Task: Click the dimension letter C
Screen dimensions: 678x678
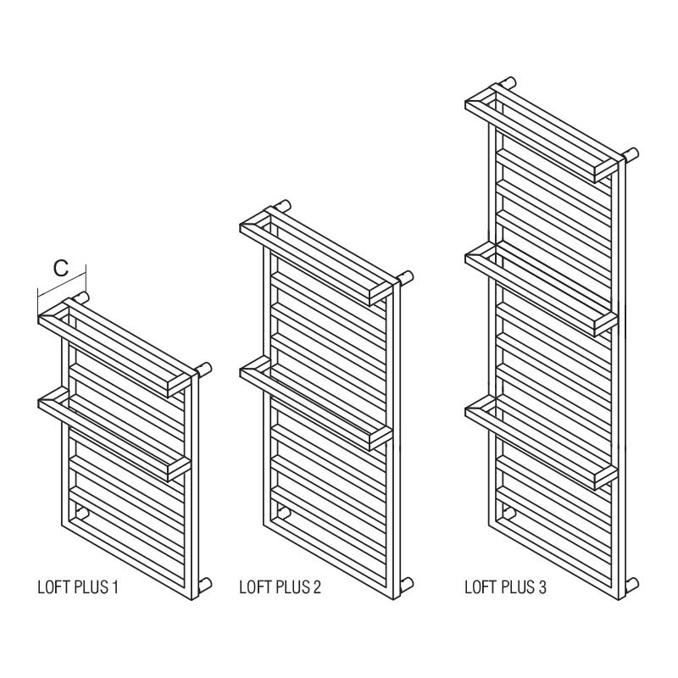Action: click(61, 268)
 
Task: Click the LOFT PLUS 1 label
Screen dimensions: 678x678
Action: click(78, 587)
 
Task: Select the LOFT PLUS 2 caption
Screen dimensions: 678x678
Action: click(280, 587)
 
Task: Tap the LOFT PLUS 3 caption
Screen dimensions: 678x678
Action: click(505, 587)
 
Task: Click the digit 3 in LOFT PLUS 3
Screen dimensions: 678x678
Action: click(542, 587)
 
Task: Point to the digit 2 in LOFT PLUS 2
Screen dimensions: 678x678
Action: click(316, 587)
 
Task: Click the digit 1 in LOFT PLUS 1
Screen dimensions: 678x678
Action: click(114, 587)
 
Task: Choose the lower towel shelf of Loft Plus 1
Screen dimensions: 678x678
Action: click(114, 435)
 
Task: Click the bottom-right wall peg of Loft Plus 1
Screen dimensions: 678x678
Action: click(204, 585)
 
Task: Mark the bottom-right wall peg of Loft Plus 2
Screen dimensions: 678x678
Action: click(407, 585)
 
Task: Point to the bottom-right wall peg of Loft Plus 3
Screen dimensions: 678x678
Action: click(631, 585)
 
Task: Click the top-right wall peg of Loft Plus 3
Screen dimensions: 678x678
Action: click(631, 154)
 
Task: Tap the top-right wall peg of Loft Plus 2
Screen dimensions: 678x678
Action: click(407, 278)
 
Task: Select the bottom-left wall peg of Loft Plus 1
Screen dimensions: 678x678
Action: click(81, 514)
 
